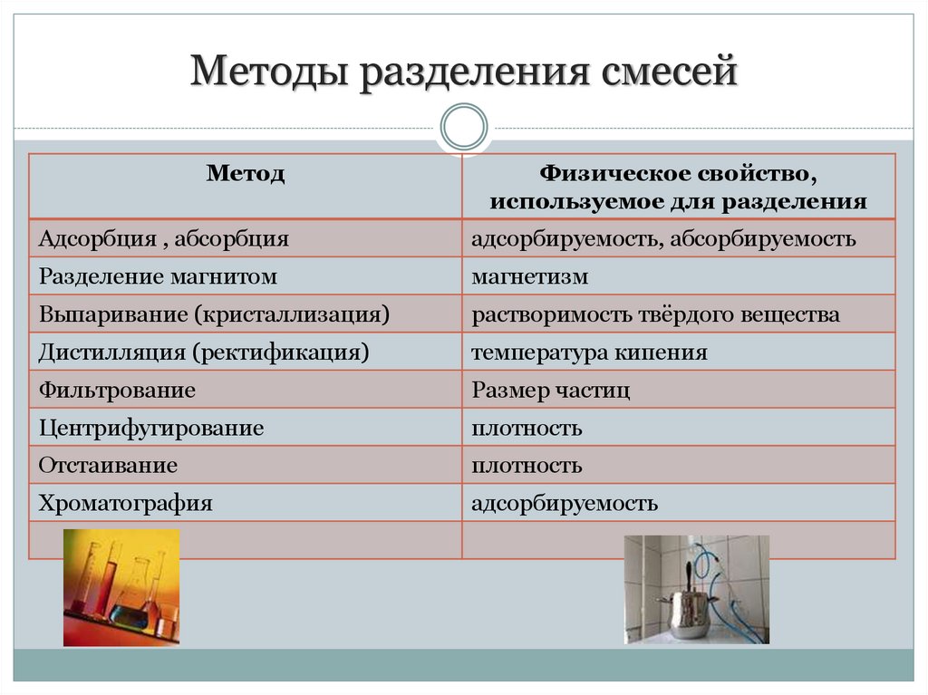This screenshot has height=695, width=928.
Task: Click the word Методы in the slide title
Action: point(271,72)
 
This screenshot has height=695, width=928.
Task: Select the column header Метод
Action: point(246,173)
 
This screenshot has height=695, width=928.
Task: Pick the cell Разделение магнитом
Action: point(158,276)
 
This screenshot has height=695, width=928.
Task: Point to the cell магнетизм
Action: point(529,276)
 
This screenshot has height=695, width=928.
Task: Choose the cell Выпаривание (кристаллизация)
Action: point(214,314)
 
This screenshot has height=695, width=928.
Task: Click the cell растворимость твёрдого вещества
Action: point(655,314)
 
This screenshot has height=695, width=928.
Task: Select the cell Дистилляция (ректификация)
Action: point(204,352)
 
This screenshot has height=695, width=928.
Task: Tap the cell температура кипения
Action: point(589,352)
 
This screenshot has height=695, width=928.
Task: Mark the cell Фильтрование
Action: point(117,391)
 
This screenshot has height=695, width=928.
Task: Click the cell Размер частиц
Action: point(550,391)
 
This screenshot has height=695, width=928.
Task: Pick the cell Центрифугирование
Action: point(151,428)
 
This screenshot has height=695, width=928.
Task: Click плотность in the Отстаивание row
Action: point(527,466)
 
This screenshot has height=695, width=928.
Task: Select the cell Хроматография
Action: point(125,503)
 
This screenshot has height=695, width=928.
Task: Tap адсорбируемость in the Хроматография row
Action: point(565,503)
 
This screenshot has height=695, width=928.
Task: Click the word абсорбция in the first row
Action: point(231,239)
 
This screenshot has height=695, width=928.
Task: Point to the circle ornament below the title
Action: point(463,126)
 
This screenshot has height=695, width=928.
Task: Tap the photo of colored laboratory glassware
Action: point(121,587)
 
